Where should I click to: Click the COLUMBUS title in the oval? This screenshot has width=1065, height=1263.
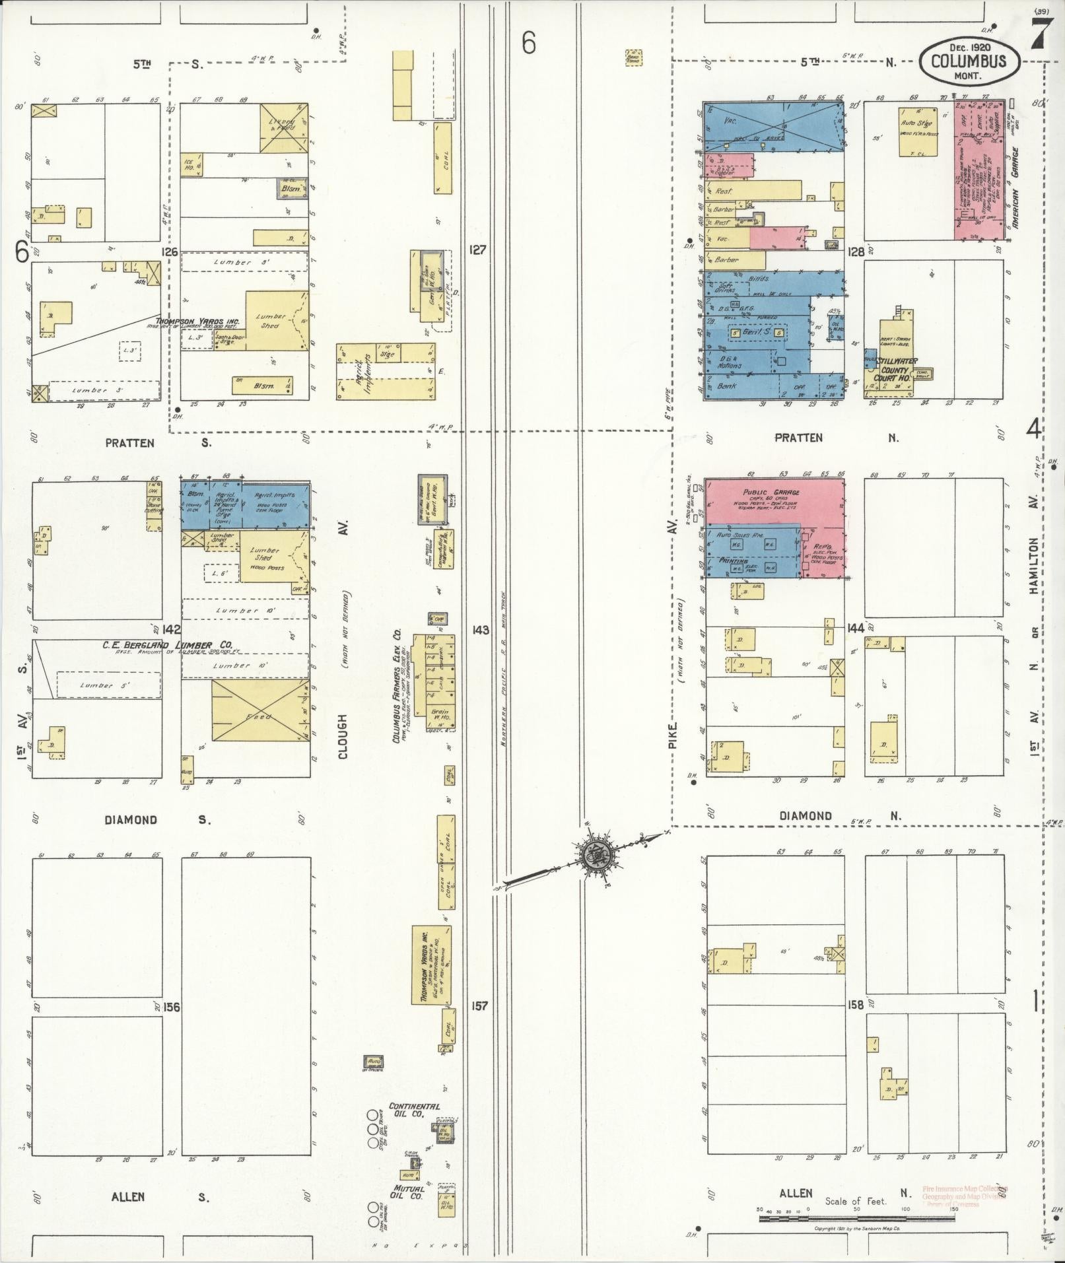point(969,61)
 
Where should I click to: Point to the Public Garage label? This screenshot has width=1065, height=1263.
point(771,493)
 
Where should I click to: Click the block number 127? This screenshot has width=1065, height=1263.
point(479,250)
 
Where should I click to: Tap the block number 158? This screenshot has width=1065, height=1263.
point(856,1005)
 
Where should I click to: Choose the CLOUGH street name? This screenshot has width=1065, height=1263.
point(343,735)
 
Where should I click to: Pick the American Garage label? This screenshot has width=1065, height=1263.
point(1015,188)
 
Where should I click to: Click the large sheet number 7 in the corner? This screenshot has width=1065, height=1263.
point(1038,32)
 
